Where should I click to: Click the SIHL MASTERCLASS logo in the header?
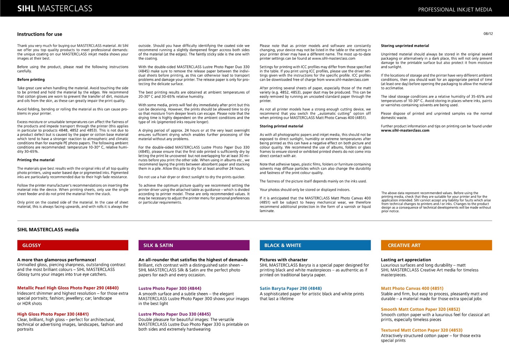point(55,8)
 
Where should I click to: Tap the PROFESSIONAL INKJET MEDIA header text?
point(455,10)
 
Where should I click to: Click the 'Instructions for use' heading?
point(40,34)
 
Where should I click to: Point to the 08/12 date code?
point(488,34)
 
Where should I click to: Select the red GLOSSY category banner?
point(72,245)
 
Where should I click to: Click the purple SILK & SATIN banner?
point(194,245)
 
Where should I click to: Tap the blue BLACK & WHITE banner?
point(315,245)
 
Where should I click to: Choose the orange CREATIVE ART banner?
point(436,245)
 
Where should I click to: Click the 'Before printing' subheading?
point(31,80)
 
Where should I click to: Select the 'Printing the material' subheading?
point(36,160)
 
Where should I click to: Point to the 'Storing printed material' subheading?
point(281,126)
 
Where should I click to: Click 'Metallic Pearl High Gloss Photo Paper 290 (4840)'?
point(68,288)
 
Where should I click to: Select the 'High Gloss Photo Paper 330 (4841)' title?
point(53,314)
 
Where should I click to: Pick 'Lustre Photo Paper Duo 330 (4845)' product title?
point(175,314)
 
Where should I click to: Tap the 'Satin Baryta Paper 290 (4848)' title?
point(291,288)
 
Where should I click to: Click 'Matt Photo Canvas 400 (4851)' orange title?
point(412,288)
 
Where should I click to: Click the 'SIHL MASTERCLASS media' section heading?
point(48,230)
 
